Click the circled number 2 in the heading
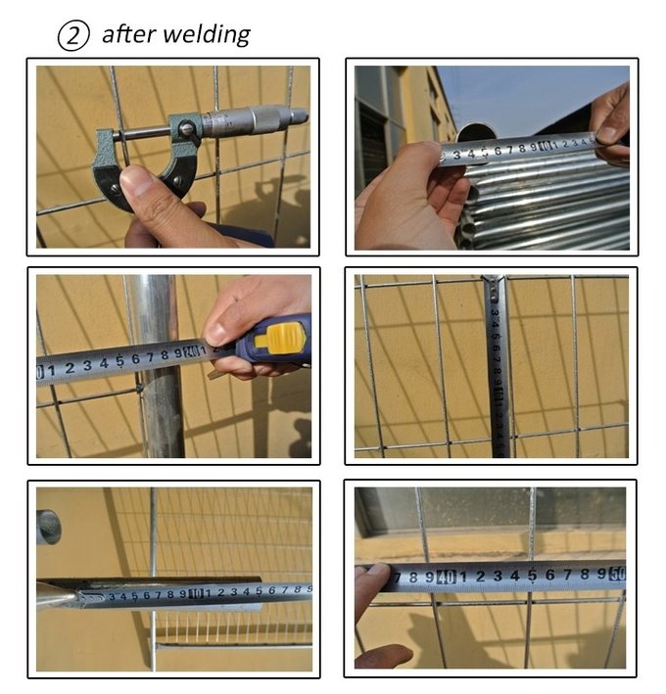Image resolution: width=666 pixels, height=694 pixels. coord(73,35)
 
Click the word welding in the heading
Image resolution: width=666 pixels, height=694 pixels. coord(207,35)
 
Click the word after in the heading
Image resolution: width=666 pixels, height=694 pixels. coord(128,34)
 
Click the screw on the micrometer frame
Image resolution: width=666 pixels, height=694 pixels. coord(188,129)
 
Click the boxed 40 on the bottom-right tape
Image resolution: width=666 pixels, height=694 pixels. coord(446,577)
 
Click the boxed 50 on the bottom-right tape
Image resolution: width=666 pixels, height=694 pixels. coord(617,574)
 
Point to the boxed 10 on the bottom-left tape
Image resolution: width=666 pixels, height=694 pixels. coord(196,593)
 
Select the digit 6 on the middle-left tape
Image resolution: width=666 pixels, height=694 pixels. coord(136,359)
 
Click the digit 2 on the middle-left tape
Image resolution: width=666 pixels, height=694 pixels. coord(70,368)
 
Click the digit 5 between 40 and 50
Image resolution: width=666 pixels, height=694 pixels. coord(532,575)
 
